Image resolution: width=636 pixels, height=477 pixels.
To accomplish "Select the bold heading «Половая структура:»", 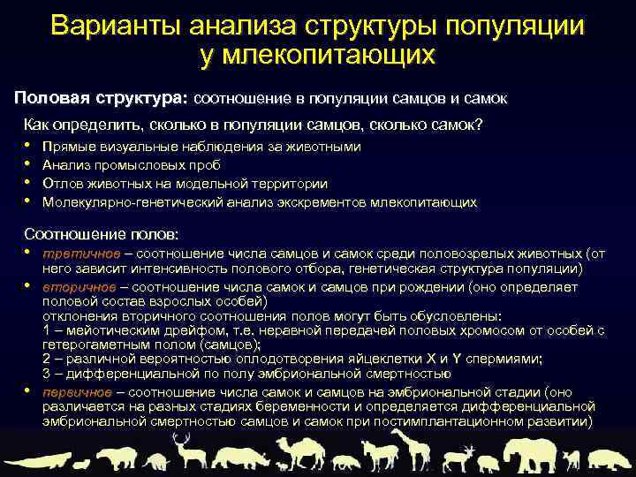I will [102, 95].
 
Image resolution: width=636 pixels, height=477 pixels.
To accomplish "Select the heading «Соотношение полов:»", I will [101, 234].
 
